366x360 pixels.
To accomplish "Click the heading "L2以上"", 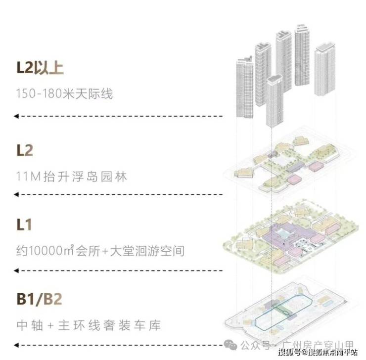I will point(40,68).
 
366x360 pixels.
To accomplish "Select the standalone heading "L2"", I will point(25,150).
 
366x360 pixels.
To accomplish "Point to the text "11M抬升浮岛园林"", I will point(71,176).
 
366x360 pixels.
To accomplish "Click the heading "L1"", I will point(24,225).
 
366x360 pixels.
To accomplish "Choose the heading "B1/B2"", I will point(40,300).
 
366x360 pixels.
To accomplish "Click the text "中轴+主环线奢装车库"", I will point(88,325).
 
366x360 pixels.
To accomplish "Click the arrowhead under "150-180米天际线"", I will point(16,116).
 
